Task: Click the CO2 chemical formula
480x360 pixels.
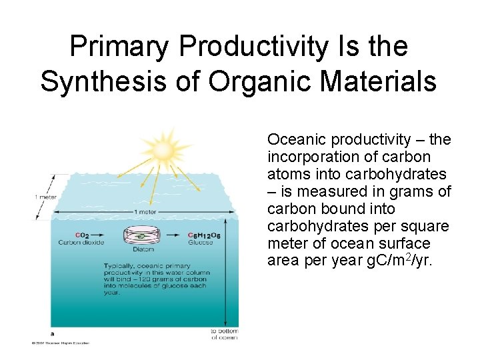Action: click(83, 235)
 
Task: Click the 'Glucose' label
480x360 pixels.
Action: click(200, 242)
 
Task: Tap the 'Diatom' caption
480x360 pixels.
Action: click(143, 250)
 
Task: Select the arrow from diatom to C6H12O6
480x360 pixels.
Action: click(175, 235)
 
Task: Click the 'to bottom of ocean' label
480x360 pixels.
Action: click(224, 334)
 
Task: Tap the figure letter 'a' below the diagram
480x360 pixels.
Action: click(52, 333)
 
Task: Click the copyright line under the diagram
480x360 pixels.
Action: click(59, 343)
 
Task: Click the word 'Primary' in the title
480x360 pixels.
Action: click(120, 47)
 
